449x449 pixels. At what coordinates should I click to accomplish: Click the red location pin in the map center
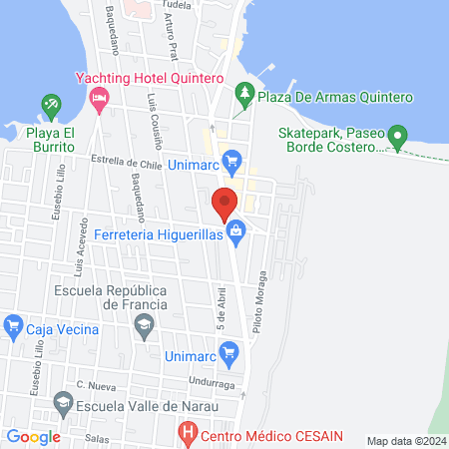(x=224, y=203)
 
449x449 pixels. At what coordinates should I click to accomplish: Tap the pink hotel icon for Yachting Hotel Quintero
(x=99, y=97)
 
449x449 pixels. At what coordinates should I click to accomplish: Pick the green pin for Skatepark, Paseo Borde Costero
(x=397, y=133)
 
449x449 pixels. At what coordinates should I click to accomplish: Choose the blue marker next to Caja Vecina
(x=13, y=324)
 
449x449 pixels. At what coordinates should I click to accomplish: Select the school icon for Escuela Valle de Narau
(x=63, y=402)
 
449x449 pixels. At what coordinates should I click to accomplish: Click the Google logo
(x=34, y=436)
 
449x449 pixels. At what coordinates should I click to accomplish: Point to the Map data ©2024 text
(x=405, y=440)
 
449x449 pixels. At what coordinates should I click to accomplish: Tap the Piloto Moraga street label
(x=263, y=293)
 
